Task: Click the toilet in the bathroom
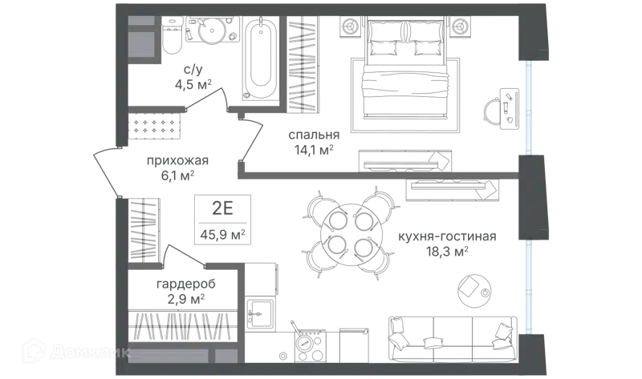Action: (x=172, y=36)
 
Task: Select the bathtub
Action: (x=260, y=58)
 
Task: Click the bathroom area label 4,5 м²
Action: (x=193, y=85)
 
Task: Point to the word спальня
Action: (x=314, y=135)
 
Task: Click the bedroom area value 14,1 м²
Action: (x=314, y=150)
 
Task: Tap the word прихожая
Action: (x=177, y=160)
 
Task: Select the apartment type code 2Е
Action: (x=222, y=208)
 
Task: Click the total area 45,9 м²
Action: (x=223, y=235)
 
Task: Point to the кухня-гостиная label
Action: (x=447, y=236)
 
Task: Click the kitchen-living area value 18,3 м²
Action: (x=447, y=252)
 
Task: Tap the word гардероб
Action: (x=186, y=284)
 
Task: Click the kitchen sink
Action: (x=260, y=313)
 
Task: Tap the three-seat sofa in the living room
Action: (x=452, y=339)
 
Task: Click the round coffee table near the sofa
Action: (x=475, y=291)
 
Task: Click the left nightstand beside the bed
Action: (x=351, y=26)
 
